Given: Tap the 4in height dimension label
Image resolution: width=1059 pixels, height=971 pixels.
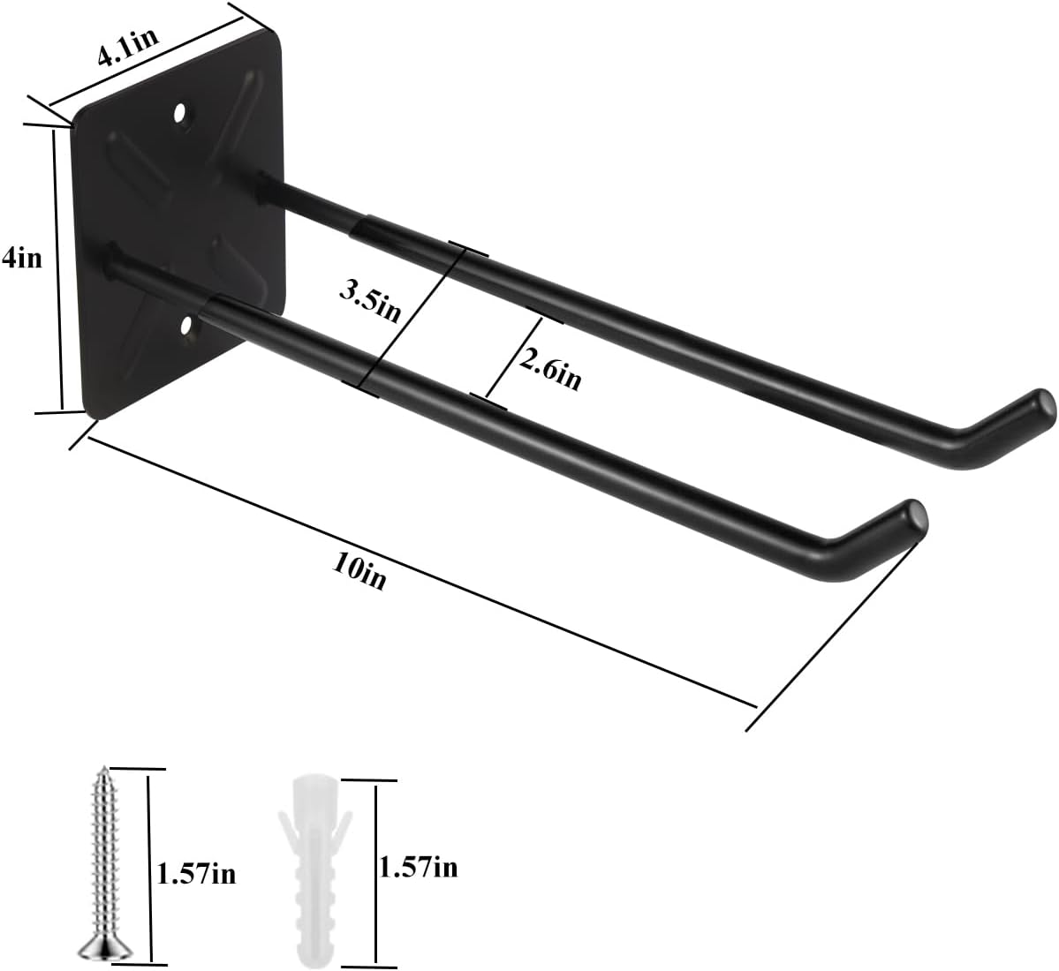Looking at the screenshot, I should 22,259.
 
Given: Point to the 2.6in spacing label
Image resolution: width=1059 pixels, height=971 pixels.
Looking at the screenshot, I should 549,369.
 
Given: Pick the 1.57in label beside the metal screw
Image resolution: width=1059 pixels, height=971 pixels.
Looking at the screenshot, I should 196,874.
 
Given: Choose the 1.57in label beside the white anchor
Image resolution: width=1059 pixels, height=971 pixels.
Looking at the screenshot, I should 419,867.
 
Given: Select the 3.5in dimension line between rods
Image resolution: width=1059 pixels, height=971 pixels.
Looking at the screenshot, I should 411,318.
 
